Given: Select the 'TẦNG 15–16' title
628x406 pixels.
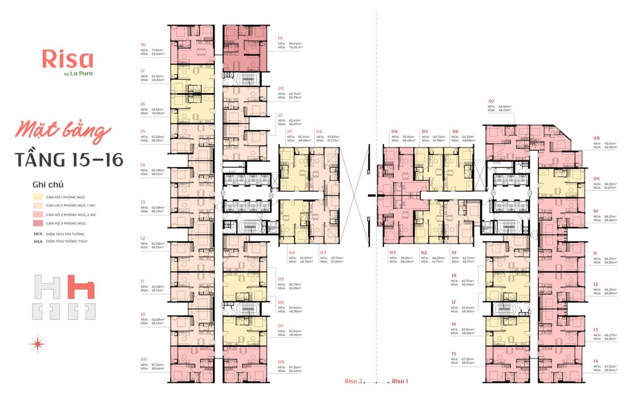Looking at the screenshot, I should coord(69,159).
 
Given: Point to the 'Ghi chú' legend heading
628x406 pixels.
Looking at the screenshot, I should coord(48,185).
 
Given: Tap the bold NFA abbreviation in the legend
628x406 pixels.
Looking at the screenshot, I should coord(38,234).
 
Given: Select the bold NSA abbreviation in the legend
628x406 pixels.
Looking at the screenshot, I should coord(38,242).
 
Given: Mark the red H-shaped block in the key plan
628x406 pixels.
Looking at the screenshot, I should coord(81,287).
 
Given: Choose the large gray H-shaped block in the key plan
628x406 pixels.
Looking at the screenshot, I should coord(47,287).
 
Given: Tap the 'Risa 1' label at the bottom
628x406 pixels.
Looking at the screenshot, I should coord(400,381).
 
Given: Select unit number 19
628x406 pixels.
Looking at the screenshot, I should coord(281,38).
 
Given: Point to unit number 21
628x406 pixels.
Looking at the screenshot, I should coord(281,115).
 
